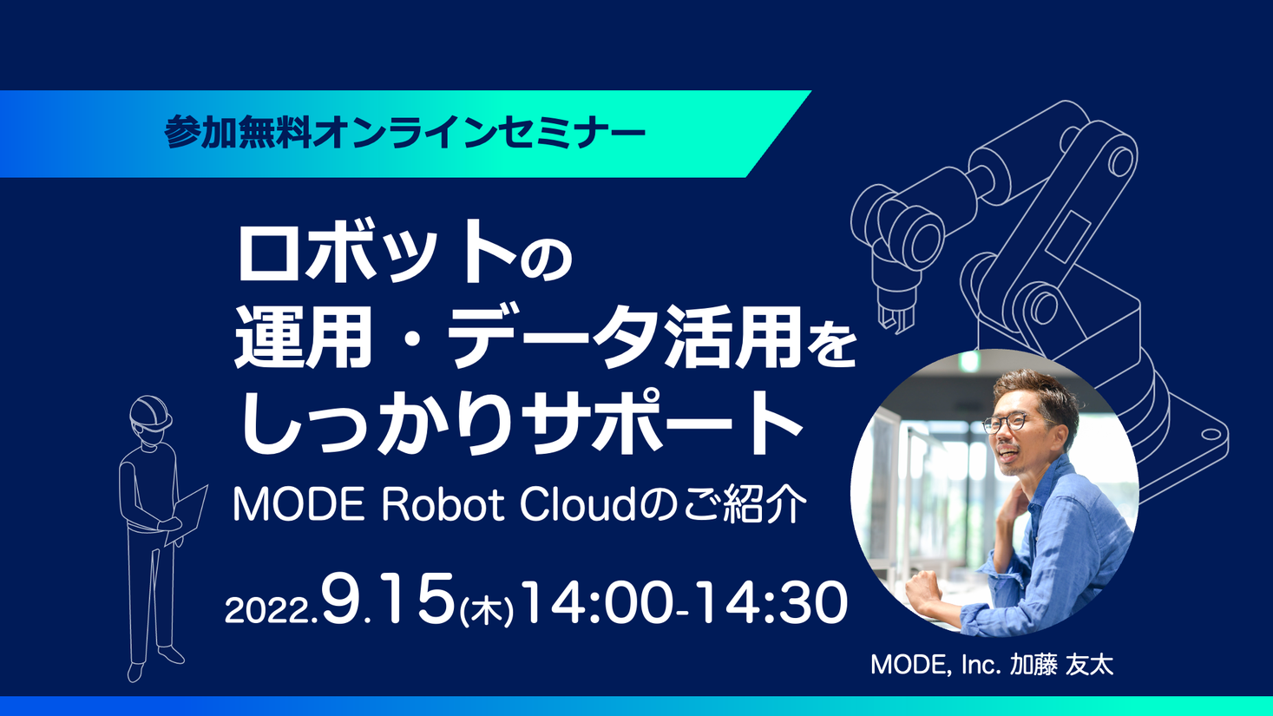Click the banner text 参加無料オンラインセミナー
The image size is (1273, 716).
tap(404, 134)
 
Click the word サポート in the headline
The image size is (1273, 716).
tap(665, 423)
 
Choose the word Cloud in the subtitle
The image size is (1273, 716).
tap(577, 505)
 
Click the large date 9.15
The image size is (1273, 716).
tap(389, 601)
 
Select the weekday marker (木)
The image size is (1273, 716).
tap(486, 611)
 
